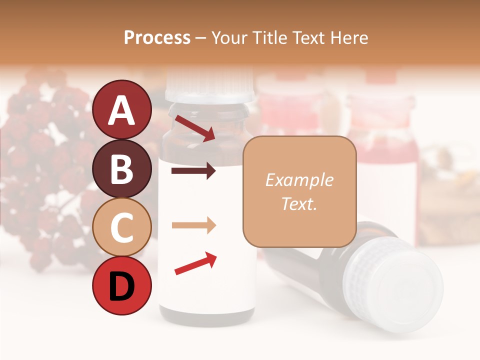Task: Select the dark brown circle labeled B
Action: point(121,168)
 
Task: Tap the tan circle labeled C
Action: point(121,227)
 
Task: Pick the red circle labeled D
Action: point(121,286)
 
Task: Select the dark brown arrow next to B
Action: point(193,171)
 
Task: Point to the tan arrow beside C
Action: point(193,225)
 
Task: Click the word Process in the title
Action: point(157,38)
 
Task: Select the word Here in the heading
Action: point(350,38)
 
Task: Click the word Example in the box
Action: point(299,180)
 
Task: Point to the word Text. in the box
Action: point(299,203)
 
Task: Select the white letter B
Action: point(121,168)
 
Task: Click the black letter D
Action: point(121,286)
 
